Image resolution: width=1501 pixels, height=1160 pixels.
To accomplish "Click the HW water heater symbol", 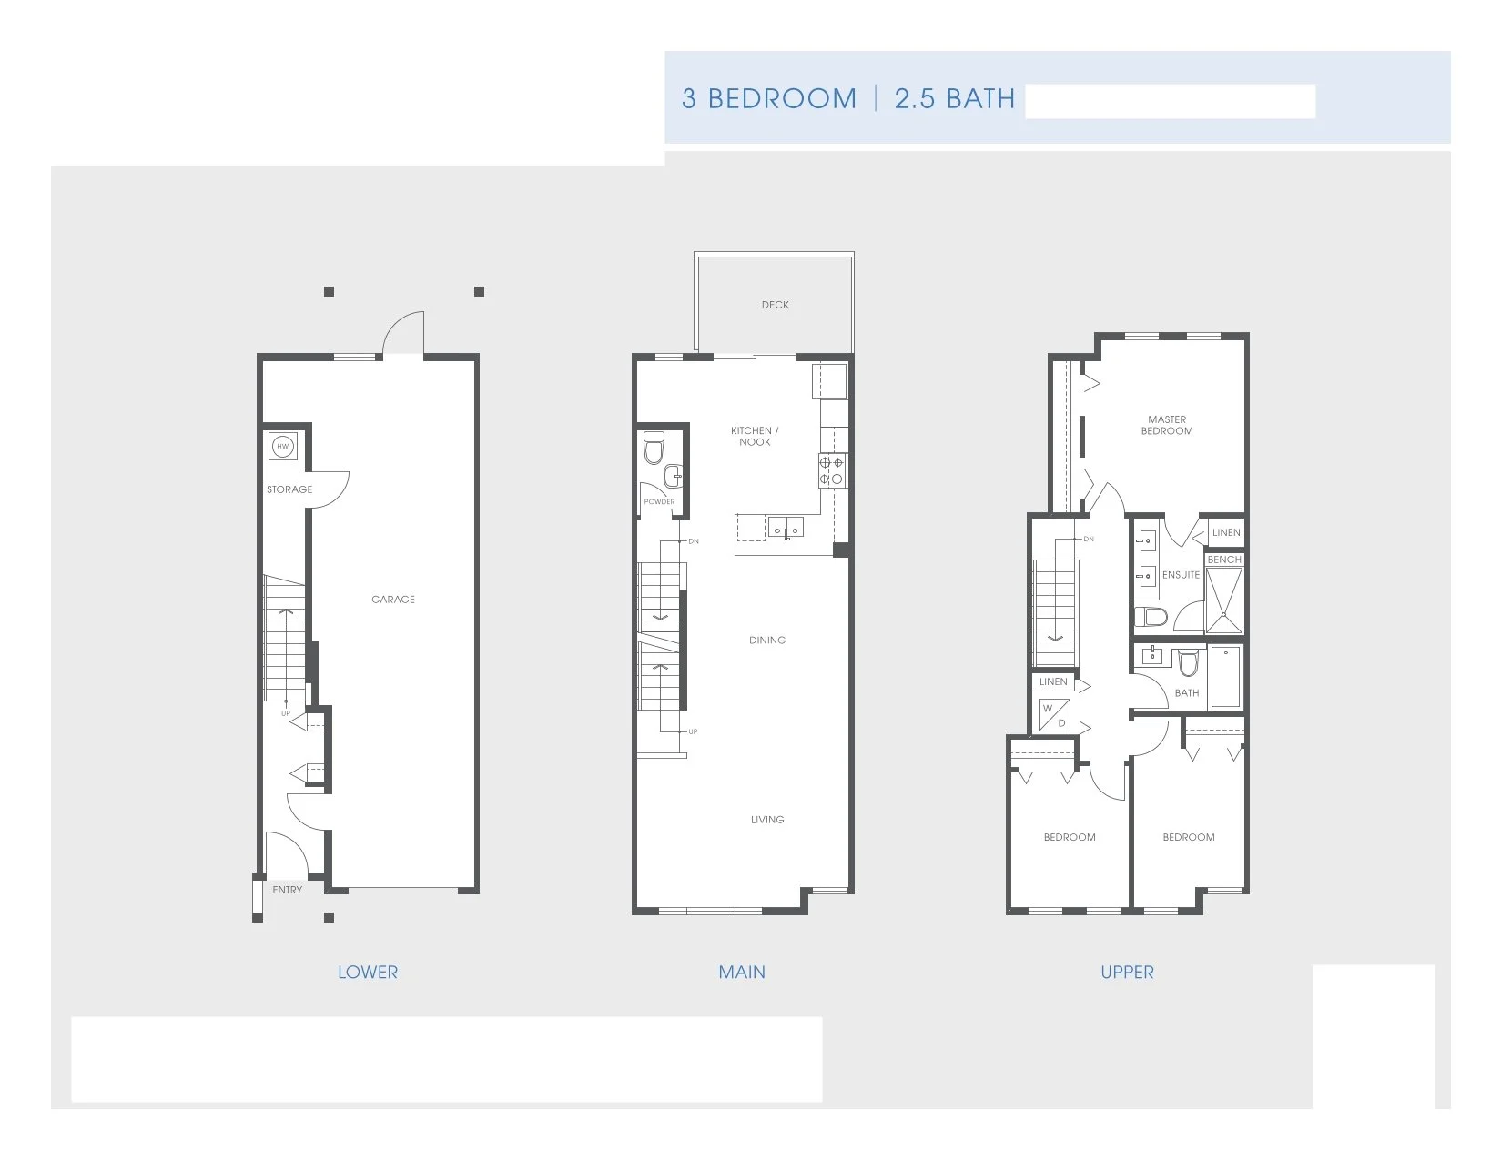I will [x=283, y=446].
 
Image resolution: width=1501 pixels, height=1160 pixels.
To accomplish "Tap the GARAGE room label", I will [x=393, y=600].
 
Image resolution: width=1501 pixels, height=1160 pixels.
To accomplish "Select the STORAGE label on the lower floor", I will [x=289, y=489].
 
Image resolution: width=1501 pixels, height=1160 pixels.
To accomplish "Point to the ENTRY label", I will [x=288, y=890].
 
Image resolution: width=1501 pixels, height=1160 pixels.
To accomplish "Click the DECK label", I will [x=776, y=305].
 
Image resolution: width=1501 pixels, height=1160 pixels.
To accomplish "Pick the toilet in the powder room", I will [x=654, y=449].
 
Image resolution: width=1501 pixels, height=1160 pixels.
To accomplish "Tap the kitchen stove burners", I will [x=832, y=469].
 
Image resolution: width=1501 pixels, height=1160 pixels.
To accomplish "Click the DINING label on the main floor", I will [x=767, y=641].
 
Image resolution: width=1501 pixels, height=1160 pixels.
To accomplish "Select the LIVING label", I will [x=767, y=820].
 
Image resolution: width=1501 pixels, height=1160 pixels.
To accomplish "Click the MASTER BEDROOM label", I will [x=1167, y=426].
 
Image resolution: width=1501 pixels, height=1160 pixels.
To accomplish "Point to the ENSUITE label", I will [x=1181, y=575].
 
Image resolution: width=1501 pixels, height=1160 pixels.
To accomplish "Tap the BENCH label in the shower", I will [x=1224, y=560].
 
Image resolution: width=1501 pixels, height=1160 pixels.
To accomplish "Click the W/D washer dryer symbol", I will [x=1054, y=715].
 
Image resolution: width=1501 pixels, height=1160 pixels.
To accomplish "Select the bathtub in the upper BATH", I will [x=1226, y=676].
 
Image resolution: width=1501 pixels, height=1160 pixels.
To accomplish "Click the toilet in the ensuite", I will [x=1153, y=618].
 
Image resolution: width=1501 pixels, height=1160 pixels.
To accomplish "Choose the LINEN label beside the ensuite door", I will [x=1226, y=532].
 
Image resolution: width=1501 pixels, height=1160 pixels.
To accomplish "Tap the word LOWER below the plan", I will [x=368, y=973].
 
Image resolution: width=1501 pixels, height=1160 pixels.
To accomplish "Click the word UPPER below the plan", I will [x=1127, y=973].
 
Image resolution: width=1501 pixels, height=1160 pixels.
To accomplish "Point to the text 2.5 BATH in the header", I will [x=954, y=98].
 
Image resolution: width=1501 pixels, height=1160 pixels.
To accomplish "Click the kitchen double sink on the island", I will [x=785, y=526].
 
